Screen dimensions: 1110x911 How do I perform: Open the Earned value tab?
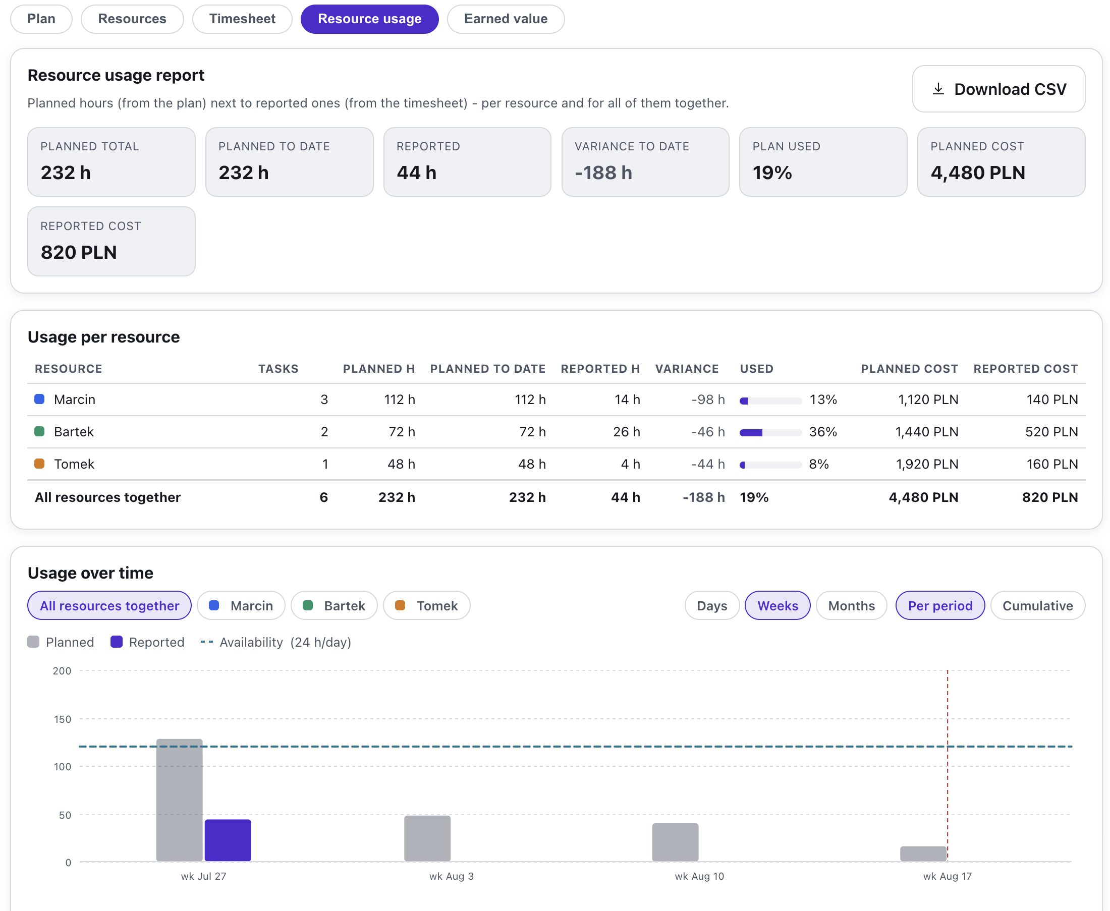pos(506,19)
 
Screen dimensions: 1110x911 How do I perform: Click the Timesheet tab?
pos(242,19)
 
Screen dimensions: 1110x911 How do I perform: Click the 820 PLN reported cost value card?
pos(112,242)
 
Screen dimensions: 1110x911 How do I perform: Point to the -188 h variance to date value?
pos(603,173)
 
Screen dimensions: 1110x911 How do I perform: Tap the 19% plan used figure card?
pos(823,161)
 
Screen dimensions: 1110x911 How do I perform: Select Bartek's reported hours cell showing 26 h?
pos(626,432)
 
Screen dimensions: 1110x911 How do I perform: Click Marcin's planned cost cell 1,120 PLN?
pos(928,400)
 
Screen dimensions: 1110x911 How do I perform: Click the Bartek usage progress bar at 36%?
pos(770,433)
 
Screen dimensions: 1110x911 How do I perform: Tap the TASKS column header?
pos(278,369)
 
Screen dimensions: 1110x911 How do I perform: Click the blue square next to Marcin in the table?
pos(39,400)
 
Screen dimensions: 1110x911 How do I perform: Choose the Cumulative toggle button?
pos(1037,606)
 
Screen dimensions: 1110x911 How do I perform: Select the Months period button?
pos(851,606)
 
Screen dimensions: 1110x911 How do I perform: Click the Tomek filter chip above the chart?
pos(427,606)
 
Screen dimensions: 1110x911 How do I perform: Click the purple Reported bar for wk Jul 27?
pos(228,840)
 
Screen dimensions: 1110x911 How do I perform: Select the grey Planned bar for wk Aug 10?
pos(675,842)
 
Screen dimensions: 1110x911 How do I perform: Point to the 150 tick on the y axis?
pos(63,719)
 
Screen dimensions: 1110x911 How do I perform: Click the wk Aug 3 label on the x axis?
pos(452,876)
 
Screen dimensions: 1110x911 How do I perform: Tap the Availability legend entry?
pos(275,642)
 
